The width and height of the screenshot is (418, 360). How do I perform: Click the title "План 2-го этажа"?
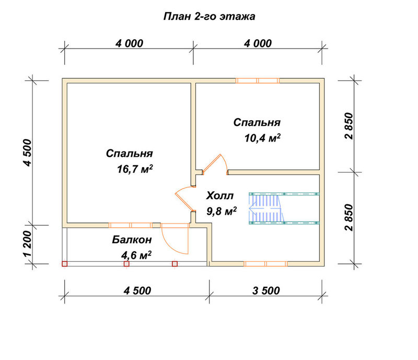click(210, 17)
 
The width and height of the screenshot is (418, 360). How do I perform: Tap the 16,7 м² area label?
click(135, 169)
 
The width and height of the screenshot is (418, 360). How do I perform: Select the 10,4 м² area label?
click(263, 138)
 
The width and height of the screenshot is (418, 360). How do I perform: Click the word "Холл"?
click(220, 196)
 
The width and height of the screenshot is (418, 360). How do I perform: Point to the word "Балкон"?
click(132, 240)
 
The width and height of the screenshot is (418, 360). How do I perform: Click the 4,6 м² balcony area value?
click(136, 255)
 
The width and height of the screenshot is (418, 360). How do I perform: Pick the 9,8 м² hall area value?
click(222, 211)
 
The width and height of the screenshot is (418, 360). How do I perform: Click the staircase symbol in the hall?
click(284, 208)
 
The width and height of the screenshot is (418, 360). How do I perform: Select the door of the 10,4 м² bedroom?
click(215, 164)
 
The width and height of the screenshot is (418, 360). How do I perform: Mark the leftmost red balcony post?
click(64, 264)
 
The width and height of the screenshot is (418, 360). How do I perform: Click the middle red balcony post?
click(126, 264)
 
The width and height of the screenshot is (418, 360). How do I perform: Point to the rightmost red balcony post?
click(175, 264)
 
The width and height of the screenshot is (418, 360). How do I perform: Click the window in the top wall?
click(258, 80)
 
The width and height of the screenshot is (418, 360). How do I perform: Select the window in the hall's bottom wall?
click(266, 264)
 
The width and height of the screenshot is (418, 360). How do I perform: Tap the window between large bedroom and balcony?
click(131, 225)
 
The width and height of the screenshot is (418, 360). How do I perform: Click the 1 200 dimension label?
click(28, 243)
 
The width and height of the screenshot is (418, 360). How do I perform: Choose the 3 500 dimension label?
click(266, 291)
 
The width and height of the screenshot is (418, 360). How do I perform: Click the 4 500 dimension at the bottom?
click(137, 291)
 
